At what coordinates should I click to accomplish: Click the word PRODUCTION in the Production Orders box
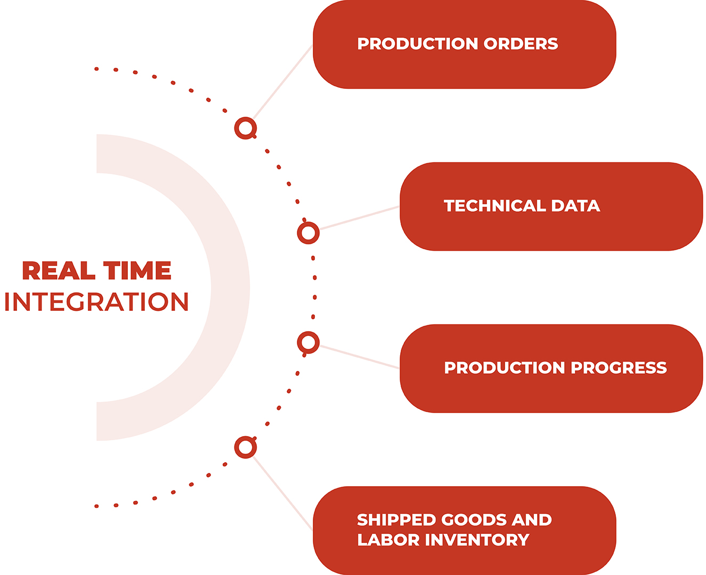tap(417, 44)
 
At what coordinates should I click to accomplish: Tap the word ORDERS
tap(521, 44)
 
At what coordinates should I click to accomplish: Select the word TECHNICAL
tap(494, 206)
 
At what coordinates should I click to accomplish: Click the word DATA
tap(575, 206)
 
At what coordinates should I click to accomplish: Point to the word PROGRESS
tap(619, 368)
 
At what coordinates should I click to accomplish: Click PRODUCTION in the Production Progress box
tap(504, 368)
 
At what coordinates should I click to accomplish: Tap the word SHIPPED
tap(396, 520)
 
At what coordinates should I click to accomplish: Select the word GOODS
tap(474, 520)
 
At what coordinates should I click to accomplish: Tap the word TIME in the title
tap(137, 270)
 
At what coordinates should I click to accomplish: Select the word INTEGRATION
tap(96, 302)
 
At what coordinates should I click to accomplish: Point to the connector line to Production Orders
tap(283, 82)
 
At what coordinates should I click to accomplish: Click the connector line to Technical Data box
tap(360, 218)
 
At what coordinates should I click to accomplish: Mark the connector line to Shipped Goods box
tap(283, 493)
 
